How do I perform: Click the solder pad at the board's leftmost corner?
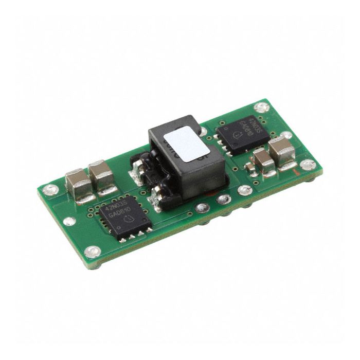49,190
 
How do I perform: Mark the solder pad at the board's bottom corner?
93,252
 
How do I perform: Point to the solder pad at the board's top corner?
262,107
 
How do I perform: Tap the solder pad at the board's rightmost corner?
308,165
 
